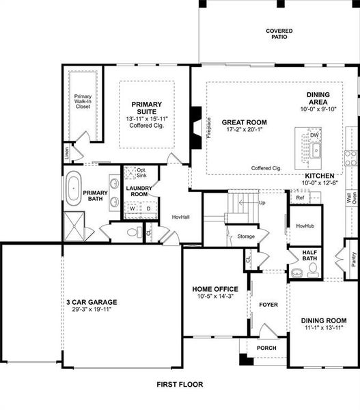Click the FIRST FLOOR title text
[x=179, y=385]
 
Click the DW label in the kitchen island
[x=314, y=135]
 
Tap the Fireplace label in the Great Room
[x=209, y=127]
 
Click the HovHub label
[x=305, y=225]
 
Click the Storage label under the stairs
[x=246, y=236]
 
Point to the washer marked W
[x=133, y=209]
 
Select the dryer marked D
[x=148, y=209]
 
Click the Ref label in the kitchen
[x=300, y=197]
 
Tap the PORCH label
[x=266, y=347]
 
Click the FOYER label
[x=268, y=304]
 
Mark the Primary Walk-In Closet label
[x=83, y=102]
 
